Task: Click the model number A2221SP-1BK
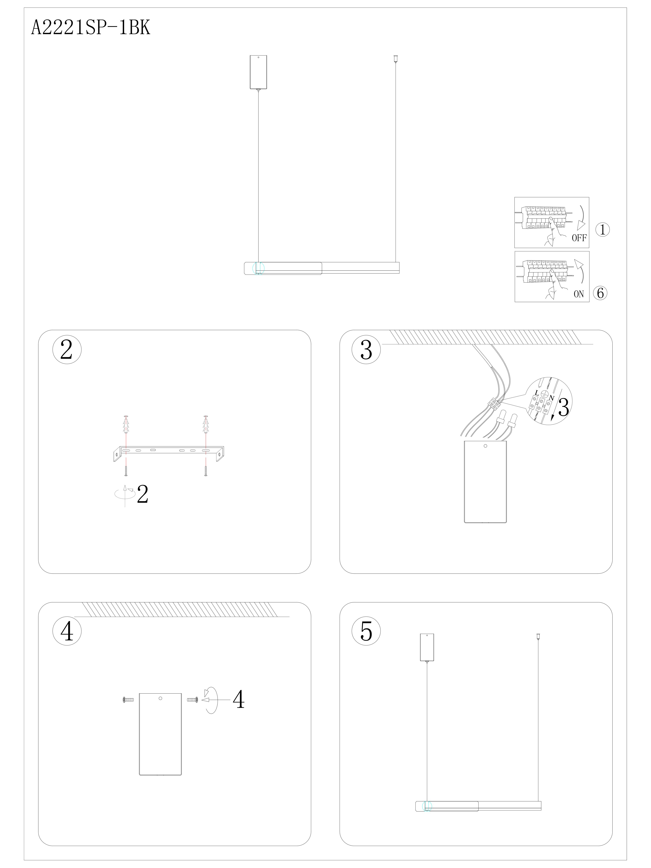91,28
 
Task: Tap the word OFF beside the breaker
579,238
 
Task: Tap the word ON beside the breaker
579,294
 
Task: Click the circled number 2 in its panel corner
67,349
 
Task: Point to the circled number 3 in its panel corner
366,349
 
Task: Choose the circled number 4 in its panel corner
67,631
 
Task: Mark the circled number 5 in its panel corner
366,631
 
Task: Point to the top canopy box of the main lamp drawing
258,72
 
